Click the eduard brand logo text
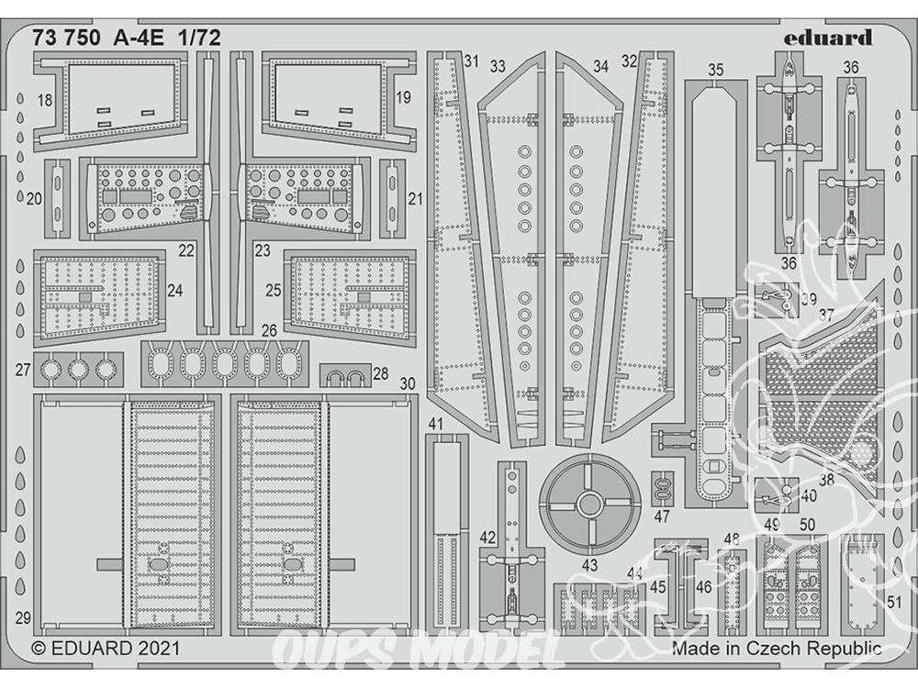click(x=828, y=39)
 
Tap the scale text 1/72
click(x=201, y=38)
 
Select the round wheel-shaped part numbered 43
click(x=589, y=502)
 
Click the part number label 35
click(x=715, y=71)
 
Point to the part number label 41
click(x=435, y=424)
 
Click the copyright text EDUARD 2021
click(x=106, y=649)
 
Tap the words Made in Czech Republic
click(x=777, y=649)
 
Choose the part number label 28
click(x=381, y=373)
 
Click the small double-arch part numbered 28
click(x=345, y=375)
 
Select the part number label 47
click(x=662, y=516)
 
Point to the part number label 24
click(x=174, y=290)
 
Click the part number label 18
click(x=44, y=101)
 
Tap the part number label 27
click(x=23, y=370)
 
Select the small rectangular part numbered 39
click(x=777, y=299)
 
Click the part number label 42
click(x=487, y=537)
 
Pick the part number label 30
click(x=408, y=383)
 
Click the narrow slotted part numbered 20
click(x=57, y=198)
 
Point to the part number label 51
click(x=894, y=602)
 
